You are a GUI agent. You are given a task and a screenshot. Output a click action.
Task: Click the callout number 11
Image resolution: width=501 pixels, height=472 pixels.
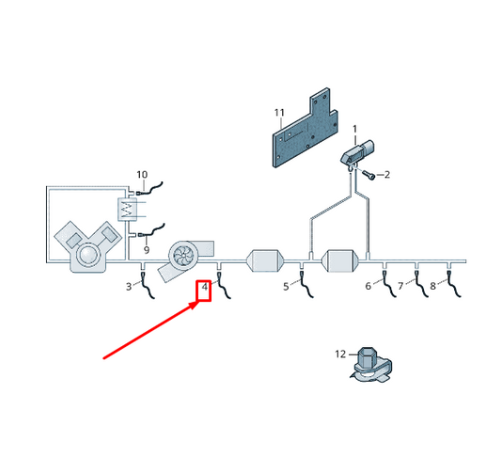click(279, 113)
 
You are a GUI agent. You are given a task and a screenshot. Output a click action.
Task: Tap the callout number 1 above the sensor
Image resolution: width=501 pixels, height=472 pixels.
click(354, 129)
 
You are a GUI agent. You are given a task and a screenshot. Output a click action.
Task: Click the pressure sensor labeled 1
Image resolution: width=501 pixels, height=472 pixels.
click(357, 152)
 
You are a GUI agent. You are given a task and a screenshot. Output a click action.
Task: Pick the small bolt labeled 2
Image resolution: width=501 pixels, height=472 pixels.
click(368, 175)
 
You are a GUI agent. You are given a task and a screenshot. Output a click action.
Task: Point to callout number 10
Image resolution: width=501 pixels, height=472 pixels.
click(142, 175)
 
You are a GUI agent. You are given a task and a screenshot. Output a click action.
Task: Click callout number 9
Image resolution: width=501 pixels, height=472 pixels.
click(147, 249)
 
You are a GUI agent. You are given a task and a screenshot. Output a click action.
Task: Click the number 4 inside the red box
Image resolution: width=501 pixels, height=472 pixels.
click(205, 287)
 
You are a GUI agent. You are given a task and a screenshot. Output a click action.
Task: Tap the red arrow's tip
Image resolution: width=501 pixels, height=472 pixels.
click(196, 303)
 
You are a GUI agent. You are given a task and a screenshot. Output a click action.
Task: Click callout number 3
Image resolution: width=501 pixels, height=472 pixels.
click(129, 287)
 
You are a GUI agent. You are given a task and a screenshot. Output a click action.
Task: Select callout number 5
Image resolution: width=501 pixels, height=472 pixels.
click(286, 287)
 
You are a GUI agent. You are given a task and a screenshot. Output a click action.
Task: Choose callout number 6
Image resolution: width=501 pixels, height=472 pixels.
click(368, 286)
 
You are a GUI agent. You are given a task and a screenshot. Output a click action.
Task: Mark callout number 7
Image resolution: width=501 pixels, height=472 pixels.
click(400, 286)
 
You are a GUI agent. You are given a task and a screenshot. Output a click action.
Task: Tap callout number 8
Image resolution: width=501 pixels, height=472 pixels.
click(432, 286)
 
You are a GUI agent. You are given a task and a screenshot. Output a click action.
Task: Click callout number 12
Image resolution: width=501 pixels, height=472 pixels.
click(340, 354)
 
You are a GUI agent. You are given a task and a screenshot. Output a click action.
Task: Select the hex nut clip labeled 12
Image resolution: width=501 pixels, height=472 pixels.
click(371, 364)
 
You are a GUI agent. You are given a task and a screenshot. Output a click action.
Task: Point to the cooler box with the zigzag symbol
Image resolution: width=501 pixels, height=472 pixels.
click(128, 210)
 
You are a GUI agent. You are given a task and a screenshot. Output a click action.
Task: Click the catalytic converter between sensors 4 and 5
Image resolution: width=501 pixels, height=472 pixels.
click(265, 260)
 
